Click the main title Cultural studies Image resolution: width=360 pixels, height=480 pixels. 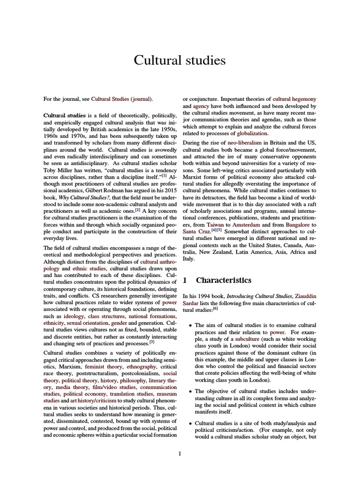pyautogui.click(x=180, y=60)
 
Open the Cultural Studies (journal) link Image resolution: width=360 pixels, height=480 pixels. pyautogui.click(x=122, y=99)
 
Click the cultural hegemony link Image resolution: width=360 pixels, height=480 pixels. pyautogui.click(x=294, y=99)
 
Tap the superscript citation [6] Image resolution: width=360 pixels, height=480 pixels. pyautogui.click(x=215, y=308)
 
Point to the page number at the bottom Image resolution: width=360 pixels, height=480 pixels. pyautogui.click(x=180, y=453)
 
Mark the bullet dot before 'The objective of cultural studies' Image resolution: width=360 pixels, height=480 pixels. pyautogui.click(x=189, y=391)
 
